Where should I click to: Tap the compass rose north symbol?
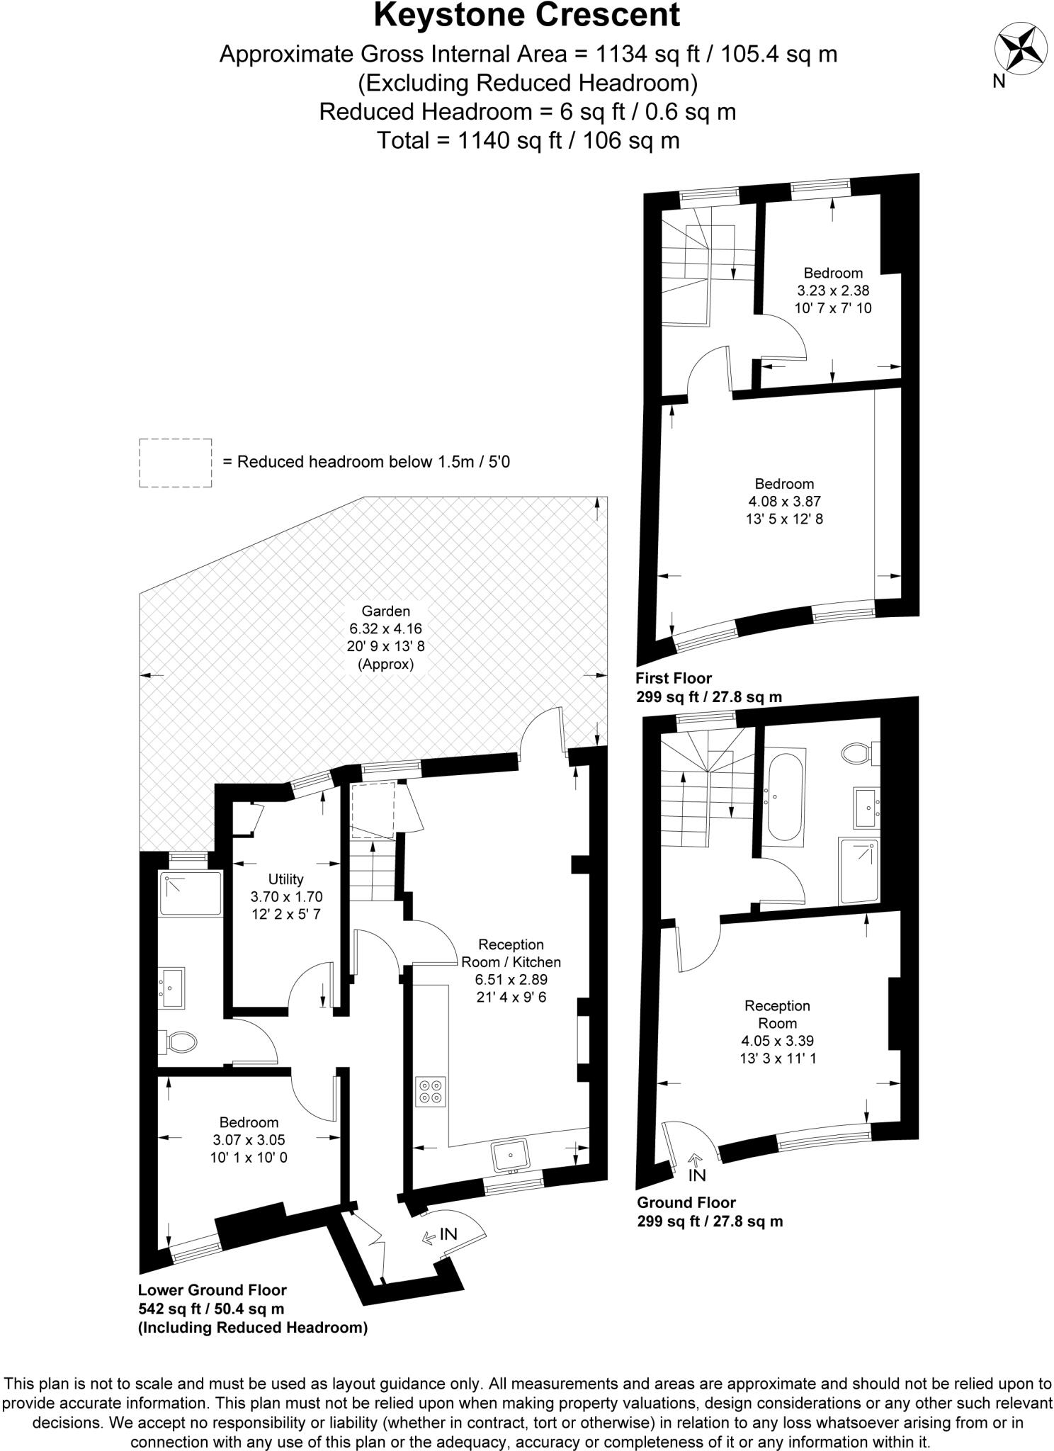[x=1021, y=50]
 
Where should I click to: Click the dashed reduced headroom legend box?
[x=175, y=463]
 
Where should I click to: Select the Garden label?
[x=385, y=611]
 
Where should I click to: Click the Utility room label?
[x=286, y=879]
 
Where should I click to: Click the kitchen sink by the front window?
[x=510, y=1155]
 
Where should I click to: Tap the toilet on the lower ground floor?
[x=180, y=1042]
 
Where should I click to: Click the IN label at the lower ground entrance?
[x=448, y=1233]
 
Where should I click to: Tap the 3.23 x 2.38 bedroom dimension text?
[x=833, y=290]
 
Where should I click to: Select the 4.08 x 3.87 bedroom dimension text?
[x=784, y=502]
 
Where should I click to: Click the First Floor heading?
[x=674, y=678]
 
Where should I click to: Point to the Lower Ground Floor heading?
[x=212, y=1290]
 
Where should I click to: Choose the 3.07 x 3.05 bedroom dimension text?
[x=249, y=1140]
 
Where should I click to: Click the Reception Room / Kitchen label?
[x=511, y=953]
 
